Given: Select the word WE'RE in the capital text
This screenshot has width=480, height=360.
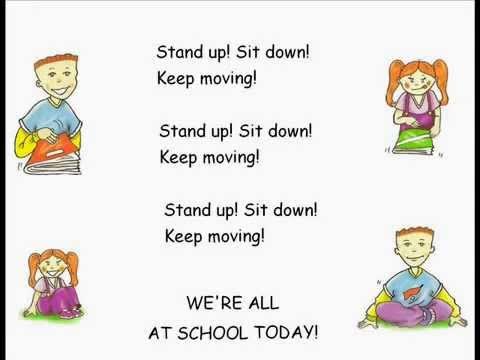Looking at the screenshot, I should [211, 301].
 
